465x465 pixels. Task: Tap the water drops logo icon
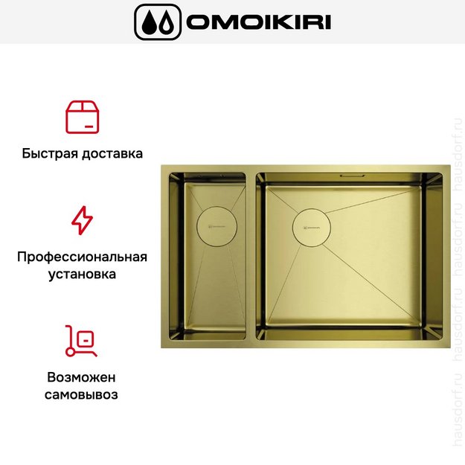click(x=157, y=22)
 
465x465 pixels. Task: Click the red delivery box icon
click(x=82, y=116)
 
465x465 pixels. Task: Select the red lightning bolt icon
click(x=82, y=220)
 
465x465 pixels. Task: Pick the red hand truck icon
click(x=82, y=339)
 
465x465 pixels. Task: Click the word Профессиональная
click(x=82, y=257)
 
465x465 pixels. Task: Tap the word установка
click(x=82, y=275)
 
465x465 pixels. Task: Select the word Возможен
click(x=82, y=376)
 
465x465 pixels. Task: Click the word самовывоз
click(x=82, y=394)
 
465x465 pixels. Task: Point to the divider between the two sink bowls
click(x=251, y=257)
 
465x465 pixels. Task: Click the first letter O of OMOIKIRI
click(x=198, y=22)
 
